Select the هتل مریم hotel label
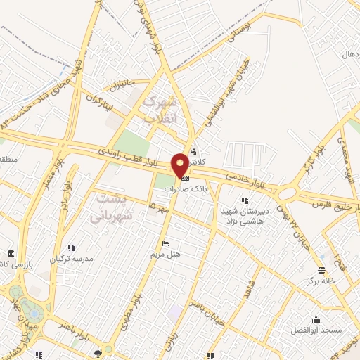tap(166, 255)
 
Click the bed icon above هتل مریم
tap(165, 244)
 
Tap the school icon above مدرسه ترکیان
tap(71, 247)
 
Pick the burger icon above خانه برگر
tap(321, 270)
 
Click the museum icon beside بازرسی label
tap(10, 253)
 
